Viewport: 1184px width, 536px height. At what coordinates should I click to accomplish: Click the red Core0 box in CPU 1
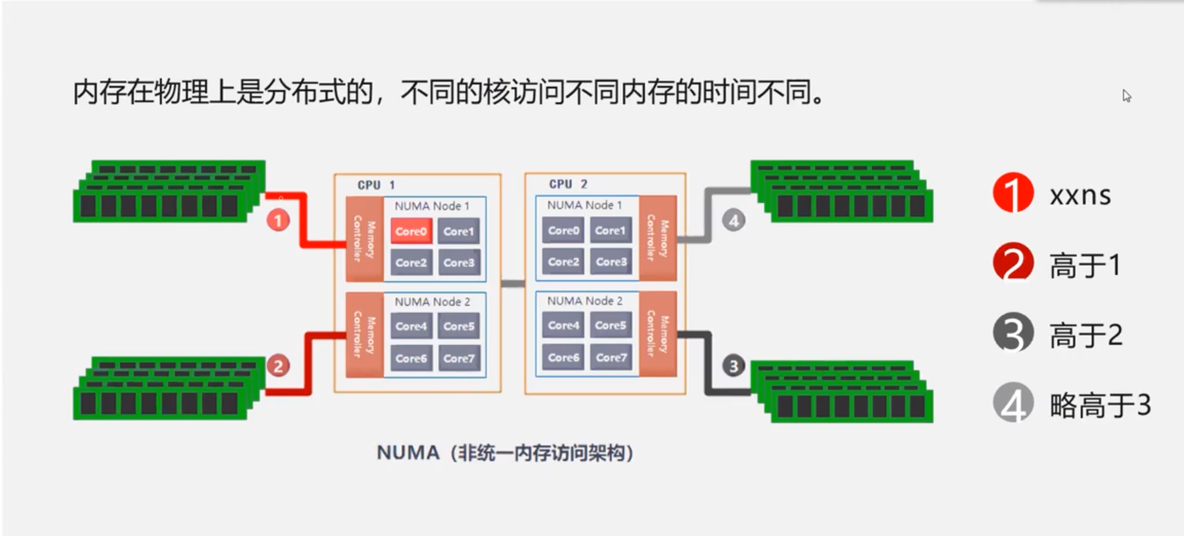(x=411, y=231)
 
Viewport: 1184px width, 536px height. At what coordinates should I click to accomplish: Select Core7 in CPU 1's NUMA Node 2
(x=459, y=358)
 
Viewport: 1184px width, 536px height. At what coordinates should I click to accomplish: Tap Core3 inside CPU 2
(x=611, y=262)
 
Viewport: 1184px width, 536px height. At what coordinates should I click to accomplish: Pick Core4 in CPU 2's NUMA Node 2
(x=563, y=325)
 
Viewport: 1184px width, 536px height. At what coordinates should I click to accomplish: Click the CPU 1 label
(x=376, y=185)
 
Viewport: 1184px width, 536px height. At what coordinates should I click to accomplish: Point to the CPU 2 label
(x=568, y=184)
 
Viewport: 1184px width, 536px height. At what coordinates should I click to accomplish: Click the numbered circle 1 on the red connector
(x=278, y=221)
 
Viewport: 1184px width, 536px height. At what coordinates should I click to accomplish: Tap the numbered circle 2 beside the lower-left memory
(x=278, y=366)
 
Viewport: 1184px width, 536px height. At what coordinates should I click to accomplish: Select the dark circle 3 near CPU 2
(x=734, y=366)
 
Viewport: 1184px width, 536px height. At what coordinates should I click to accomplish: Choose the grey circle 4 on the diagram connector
(x=734, y=221)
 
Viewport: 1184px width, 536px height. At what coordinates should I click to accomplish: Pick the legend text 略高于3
(x=1100, y=405)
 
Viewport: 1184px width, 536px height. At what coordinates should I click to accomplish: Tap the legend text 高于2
(x=1086, y=335)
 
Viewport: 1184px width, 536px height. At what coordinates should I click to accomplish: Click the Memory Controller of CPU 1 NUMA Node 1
(x=364, y=239)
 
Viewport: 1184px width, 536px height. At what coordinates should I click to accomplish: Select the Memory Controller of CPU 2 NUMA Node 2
(x=658, y=334)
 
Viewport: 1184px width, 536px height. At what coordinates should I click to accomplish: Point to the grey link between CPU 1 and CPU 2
(x=513, y=284)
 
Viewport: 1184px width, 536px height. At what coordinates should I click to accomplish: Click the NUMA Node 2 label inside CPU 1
(x=432, y=302)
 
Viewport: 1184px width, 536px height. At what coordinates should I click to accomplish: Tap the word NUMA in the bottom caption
(x=408, y=453)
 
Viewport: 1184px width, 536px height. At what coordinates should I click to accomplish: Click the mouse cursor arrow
(x=1126, y=96)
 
